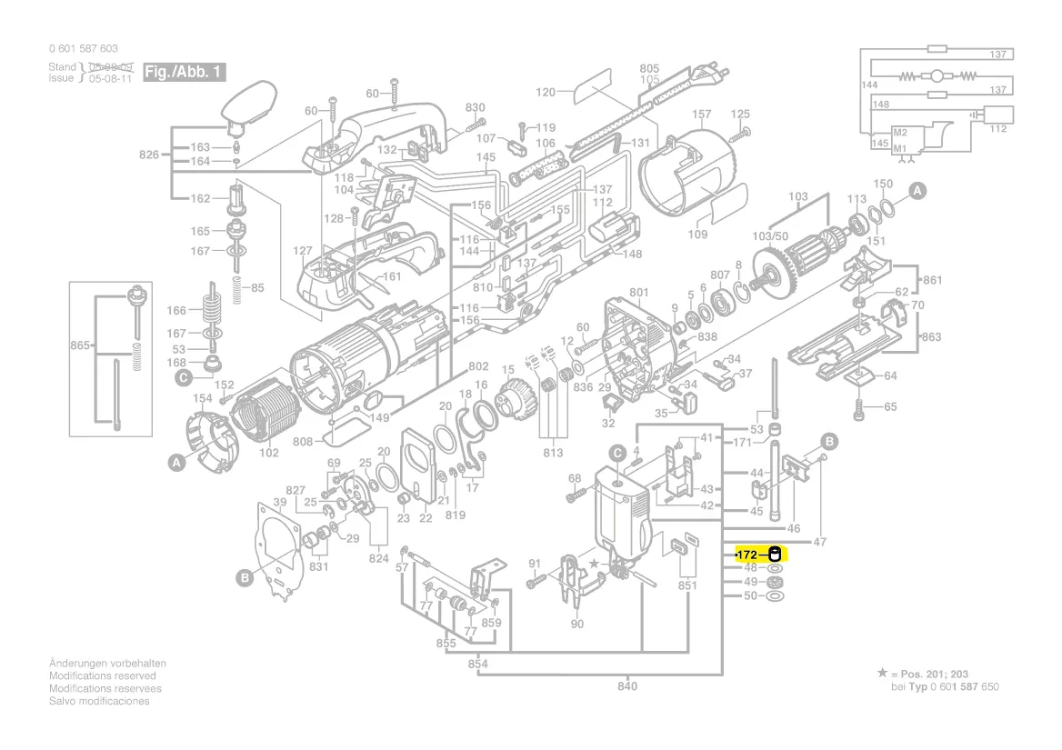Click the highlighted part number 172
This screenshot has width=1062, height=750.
[x=747, y=555]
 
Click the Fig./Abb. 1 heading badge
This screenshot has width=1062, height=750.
[x=183, y=72]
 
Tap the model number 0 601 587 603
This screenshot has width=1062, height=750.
[x=83, y=48]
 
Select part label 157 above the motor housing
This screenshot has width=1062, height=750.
[x=702, y=115]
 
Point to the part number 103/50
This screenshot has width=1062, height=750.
[x=770, y=236]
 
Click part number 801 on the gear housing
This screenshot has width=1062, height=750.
[x=638, y=293]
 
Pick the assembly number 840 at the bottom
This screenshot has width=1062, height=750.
[x=627, y=686]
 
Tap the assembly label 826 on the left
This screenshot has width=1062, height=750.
[x=148, y=155]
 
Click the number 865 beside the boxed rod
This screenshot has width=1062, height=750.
[x=80, y=345]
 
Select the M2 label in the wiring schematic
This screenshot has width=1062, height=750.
[x=900, y=133]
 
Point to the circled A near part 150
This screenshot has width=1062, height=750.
[x=917, y=190]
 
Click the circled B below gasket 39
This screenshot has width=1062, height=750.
[x=244, y=576]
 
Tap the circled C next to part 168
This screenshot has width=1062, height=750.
[x=183, y=376]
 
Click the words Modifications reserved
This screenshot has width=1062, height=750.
[x=102, y=676]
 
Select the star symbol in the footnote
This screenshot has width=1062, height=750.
[x=881, y=673]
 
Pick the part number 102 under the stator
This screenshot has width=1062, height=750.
[x=269, y=454]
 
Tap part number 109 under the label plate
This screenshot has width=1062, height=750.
[x=697, y=235]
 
